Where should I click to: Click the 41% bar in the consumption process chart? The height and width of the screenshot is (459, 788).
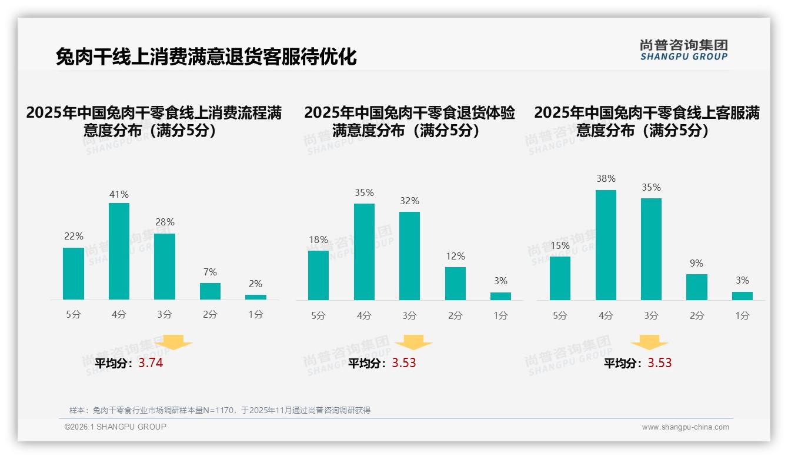119,251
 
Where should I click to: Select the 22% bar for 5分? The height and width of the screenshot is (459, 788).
74,274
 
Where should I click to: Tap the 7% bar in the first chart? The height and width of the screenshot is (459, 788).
210,291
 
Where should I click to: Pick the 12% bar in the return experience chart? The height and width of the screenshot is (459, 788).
455,284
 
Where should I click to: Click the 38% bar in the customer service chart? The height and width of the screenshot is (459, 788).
606,245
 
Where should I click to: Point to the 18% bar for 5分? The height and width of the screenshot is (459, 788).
318,275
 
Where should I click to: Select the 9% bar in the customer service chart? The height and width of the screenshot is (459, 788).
697,287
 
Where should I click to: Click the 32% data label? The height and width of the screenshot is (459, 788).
409,201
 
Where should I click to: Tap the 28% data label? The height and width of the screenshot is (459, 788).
165,222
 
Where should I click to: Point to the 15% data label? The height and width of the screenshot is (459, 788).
560,245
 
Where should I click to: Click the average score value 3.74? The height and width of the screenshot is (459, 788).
151,363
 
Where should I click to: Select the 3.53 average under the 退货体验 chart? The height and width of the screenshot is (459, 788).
404,363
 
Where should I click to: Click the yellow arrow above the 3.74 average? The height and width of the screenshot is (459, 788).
173,342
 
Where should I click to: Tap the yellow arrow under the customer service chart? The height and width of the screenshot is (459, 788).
649,342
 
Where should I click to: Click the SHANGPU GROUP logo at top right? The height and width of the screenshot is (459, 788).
683,50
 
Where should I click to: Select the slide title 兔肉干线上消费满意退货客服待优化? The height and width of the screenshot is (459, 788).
206,57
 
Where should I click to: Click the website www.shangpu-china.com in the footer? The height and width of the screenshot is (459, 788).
685,427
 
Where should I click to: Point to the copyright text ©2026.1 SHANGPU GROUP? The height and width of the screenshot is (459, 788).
115,427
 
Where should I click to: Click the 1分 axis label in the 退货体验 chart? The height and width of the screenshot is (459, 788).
500,316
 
